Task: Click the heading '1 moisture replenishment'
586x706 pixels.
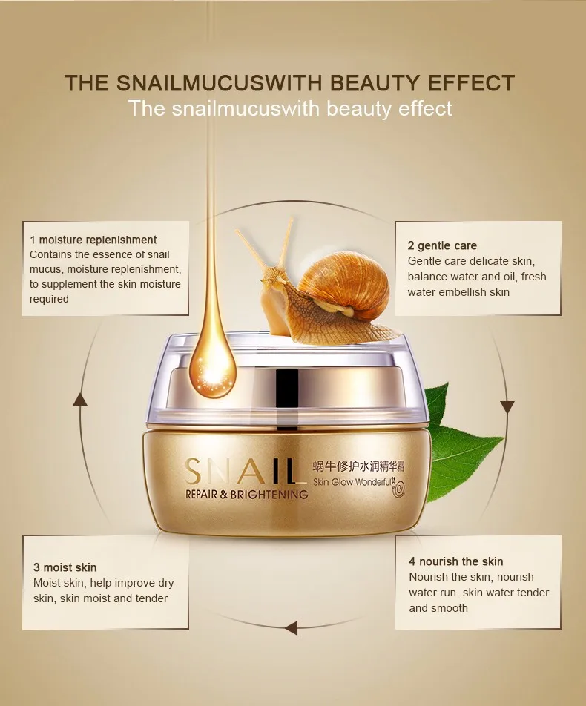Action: (x=93, y=240)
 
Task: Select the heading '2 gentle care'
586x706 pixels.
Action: (x=442, y=245)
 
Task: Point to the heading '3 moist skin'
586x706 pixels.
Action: (x=65, y=567)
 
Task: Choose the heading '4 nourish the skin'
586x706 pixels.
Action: (x=456, y=561)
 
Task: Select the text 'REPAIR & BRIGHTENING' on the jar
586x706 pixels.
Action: (x=247, y=495)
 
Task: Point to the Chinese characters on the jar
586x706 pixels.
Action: (x=358, y=466)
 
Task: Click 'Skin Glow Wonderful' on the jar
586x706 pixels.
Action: (x=352, y=482)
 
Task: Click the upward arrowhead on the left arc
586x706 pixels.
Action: (x=80, y=399)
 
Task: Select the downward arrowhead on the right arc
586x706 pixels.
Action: (x=507, y=406)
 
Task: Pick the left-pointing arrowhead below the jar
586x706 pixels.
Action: (x=292, y=627)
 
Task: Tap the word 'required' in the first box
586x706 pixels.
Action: (x=49, y=299)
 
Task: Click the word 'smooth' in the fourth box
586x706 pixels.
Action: (x=438, y=608)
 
